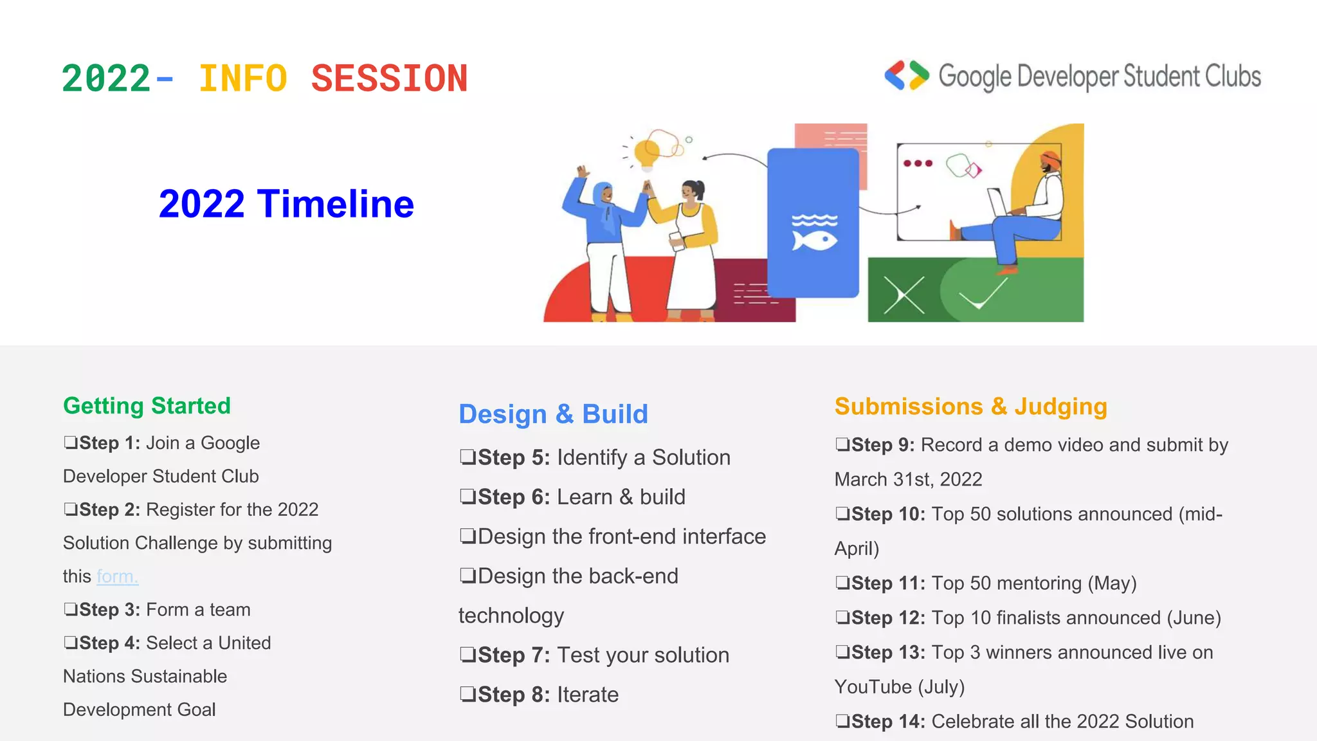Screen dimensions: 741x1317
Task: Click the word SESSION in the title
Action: point(389,79)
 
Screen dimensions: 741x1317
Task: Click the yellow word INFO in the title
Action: point(242,79)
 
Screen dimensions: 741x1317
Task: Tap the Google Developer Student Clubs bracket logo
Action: point(907,76)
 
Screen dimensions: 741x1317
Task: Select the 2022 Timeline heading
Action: point(286,204)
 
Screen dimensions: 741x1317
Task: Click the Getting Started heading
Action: point(147,406)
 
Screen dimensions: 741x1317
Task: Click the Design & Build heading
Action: point(553,414)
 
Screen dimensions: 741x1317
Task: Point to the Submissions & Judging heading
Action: point(970,407)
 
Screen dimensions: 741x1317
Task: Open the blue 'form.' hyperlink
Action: point(117,576)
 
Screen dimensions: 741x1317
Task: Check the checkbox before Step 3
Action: point(70,609)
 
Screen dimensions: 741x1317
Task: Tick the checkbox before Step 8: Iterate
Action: point(468,694)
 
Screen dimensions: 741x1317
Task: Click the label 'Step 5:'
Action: point(514,457)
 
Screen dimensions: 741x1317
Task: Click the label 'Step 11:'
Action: point(888,583)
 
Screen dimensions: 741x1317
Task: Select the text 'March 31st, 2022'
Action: point(908,479)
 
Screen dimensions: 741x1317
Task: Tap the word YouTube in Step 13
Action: point(873,687)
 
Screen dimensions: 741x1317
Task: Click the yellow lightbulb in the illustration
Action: point(646,153)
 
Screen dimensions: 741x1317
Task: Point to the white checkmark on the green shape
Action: point(983,295)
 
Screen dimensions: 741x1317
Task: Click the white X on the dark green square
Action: point(904,295)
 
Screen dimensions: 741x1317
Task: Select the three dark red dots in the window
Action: point(918,163)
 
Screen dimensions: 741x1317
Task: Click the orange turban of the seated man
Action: point(1050,158)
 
